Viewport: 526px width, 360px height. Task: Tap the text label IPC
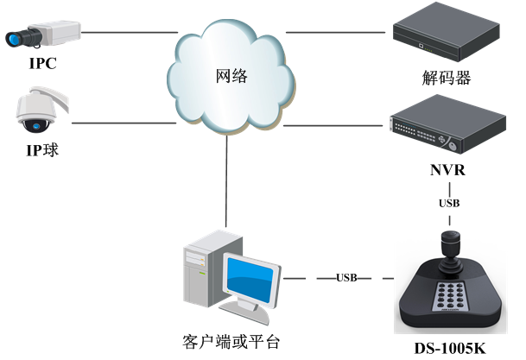click(x=43, y=64)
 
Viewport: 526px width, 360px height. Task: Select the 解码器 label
click(x=447, y=79)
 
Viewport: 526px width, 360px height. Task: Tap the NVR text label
click(x=447, y=170)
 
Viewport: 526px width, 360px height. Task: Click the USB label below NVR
click(x=449, y=204)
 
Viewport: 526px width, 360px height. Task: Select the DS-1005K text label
click(x=448, y=347)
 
